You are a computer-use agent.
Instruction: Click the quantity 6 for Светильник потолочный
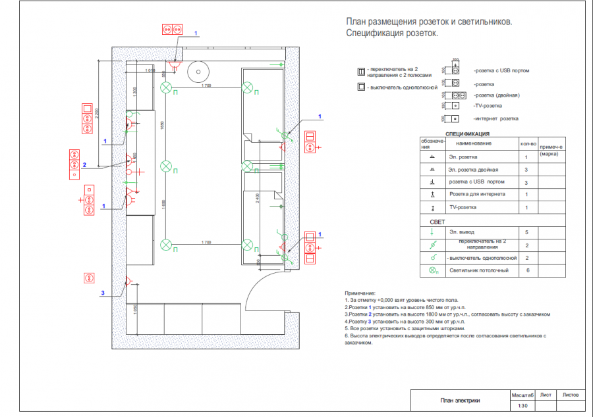click(526, 270)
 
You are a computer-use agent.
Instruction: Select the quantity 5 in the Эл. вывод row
click(526, 232)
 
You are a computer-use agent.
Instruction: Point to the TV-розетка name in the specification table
click(462, 208)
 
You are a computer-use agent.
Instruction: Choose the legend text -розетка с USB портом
click(501, 70)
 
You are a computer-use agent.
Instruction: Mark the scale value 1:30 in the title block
click(523, 406)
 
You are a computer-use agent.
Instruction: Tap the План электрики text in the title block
click(460, 400)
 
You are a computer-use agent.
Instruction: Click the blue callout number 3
click(102, 292)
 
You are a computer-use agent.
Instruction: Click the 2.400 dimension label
click(258, 198)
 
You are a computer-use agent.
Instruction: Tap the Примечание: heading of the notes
click(360, 293)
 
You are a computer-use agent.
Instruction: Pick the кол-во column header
click(528, 143)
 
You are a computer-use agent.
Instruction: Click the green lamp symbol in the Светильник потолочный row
click(433, 270)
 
